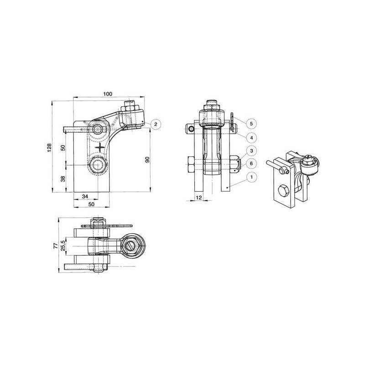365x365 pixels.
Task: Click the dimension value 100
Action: click(108, 94)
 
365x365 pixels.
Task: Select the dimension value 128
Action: click(49, 147)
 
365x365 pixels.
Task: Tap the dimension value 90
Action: click(147, 159)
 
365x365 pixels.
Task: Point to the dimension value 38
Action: click(63, 179)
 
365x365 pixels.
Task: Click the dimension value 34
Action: click(85, 196)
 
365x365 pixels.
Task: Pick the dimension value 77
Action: click(55, 246)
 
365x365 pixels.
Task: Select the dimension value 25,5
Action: click(63, 245)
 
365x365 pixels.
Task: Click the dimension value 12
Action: click(199, 198)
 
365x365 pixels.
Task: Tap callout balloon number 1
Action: click(251, 177)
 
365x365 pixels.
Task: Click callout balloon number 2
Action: click(156, 124)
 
